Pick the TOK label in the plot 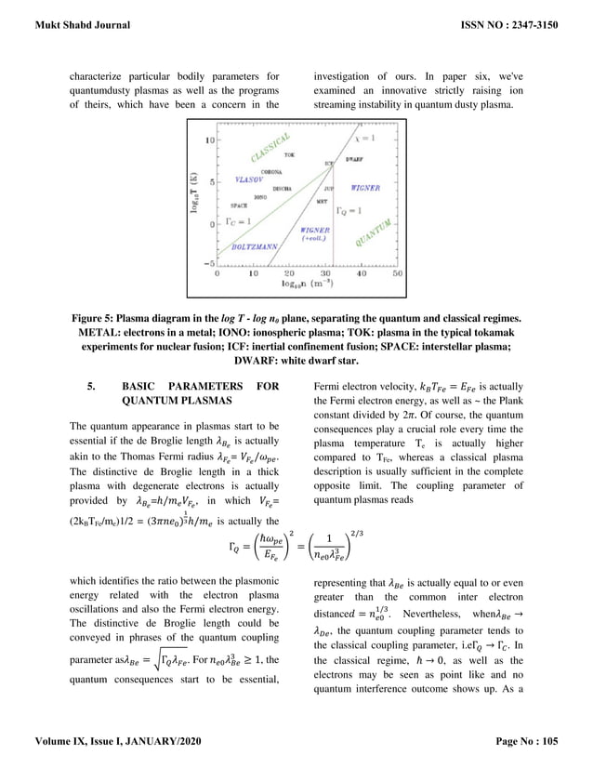[289, 154]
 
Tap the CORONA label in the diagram [272, 173]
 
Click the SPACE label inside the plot [239, 206]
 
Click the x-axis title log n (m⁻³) [307, 285]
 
